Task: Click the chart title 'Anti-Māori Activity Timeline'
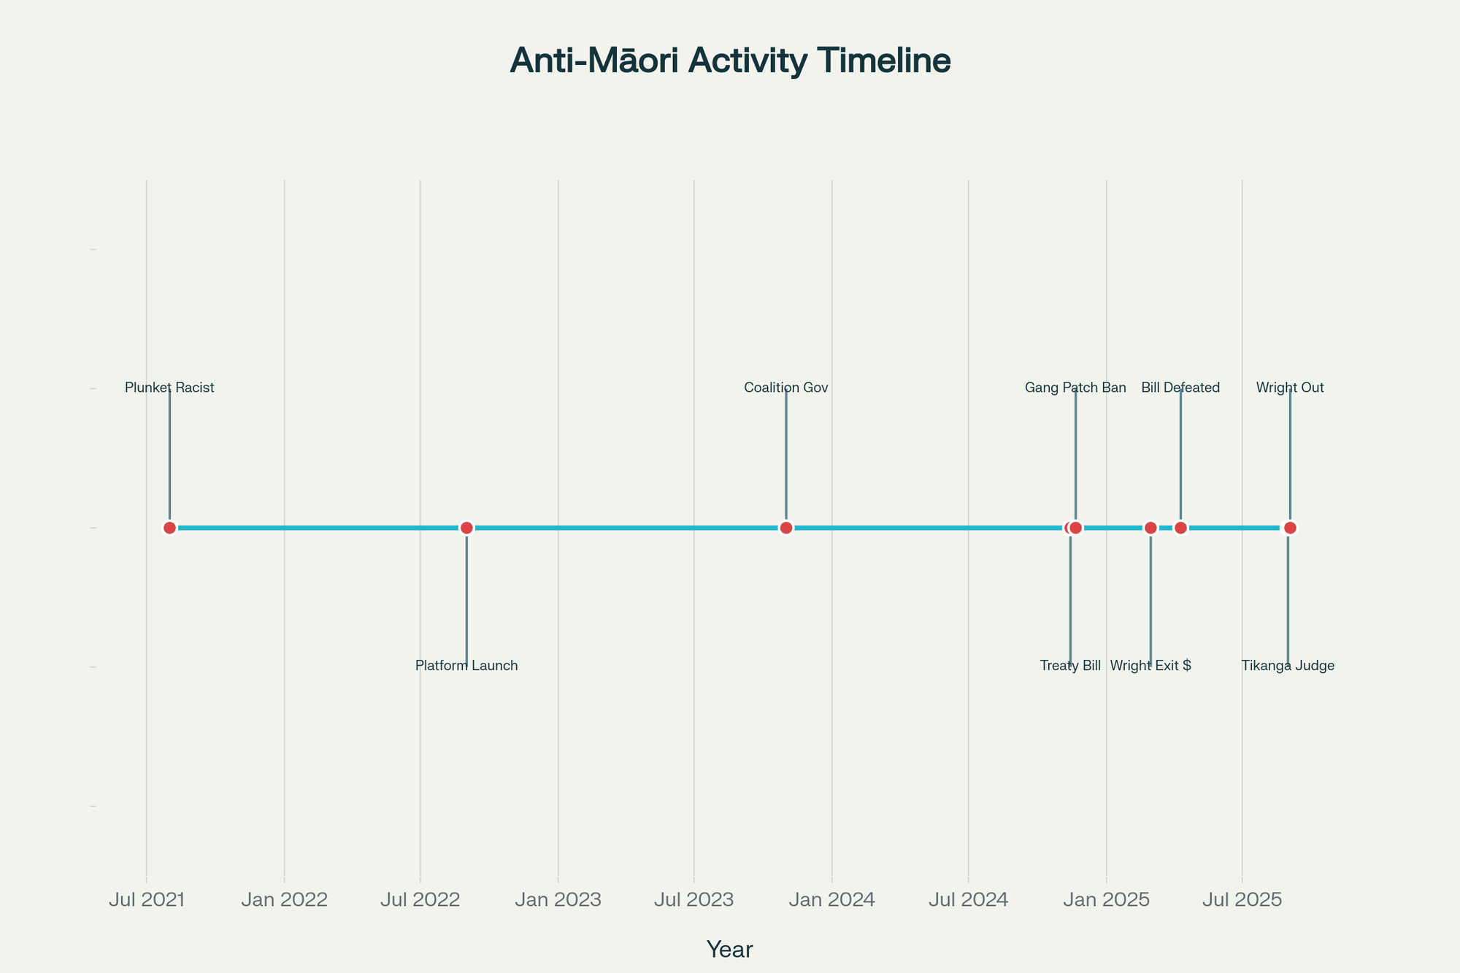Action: (x=730, y=61)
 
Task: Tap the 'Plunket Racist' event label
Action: (x=169, y=388)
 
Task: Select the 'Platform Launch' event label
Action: (x=466, y=666)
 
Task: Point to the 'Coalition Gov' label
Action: (x=786, y=388)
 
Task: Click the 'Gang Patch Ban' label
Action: (x=1075, y=388)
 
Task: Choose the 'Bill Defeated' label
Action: (x=1180, y=388)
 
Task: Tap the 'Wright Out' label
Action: (x=1290, y=388)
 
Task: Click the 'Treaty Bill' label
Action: (x=1070, y=666)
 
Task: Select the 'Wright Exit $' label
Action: (x=1150, y=666)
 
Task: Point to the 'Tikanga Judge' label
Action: (x=1288, y=666)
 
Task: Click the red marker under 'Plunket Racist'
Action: (x=169, y=528)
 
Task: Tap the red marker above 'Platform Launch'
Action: (x=466, y=528)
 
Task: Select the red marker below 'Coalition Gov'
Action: (x=785, y=528)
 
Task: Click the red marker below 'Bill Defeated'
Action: (x=1180, y=528)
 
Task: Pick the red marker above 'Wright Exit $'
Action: (x=1150, y=528)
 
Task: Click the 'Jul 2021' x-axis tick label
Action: (x=146, y=900)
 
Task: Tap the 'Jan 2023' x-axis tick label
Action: (x=558, y=900)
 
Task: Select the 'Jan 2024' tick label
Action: (x=831, y=900)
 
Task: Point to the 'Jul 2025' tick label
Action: (x=1242, y=900)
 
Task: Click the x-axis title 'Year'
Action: (x=730, y=949)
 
